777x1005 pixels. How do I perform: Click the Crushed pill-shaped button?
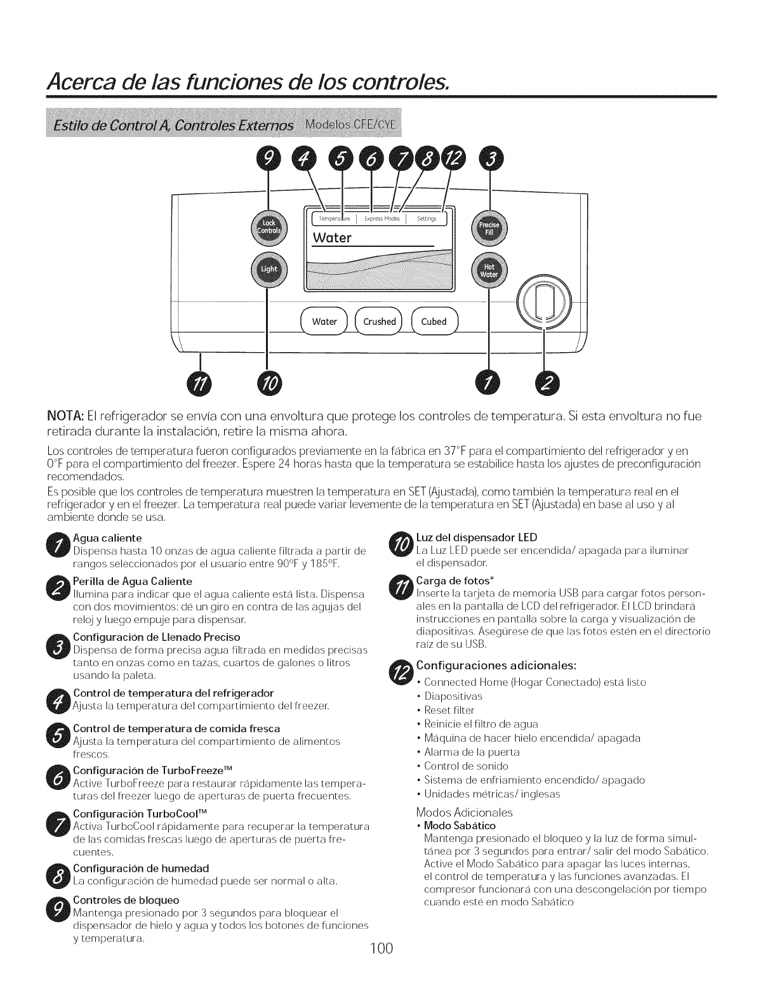(x=380, y=322)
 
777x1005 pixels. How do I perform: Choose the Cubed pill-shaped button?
(x=434, y=322)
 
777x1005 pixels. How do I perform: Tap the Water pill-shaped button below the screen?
(x=324, y=322)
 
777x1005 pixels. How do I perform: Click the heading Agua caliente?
(x=107, y=539)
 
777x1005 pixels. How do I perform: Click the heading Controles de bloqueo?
(x=126, y=900)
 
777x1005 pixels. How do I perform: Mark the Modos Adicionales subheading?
(x=464, y=812)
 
